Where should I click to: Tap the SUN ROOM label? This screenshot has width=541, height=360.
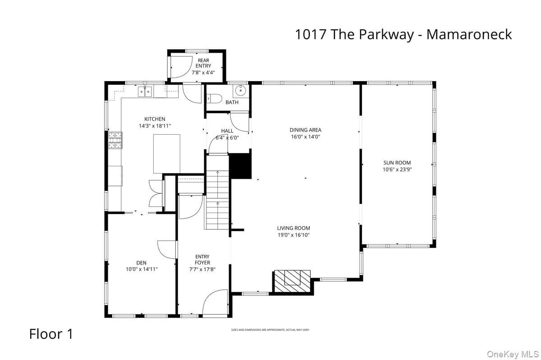click(x=397, y=163)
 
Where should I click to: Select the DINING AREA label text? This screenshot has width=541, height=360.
click(x=305, y=130)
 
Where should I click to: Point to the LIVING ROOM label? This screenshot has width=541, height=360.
click(x=293, y=228)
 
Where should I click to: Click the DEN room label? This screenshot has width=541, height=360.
click(x=142, y=263)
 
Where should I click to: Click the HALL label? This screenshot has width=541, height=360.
click(x=227, y=131)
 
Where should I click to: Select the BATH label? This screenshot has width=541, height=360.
click(x=232, y=102)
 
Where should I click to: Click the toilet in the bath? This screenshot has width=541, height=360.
click(x=213, y=99)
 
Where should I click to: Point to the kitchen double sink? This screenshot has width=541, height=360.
click(x=145, y=92)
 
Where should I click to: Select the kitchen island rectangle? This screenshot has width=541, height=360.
click(x=167, y=154)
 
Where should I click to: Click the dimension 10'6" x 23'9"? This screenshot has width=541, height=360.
click(x=397, y=170)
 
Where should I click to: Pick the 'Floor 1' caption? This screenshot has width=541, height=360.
click(x=51, y=334)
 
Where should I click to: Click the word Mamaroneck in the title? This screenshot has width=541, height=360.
click(x=469, y=34)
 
